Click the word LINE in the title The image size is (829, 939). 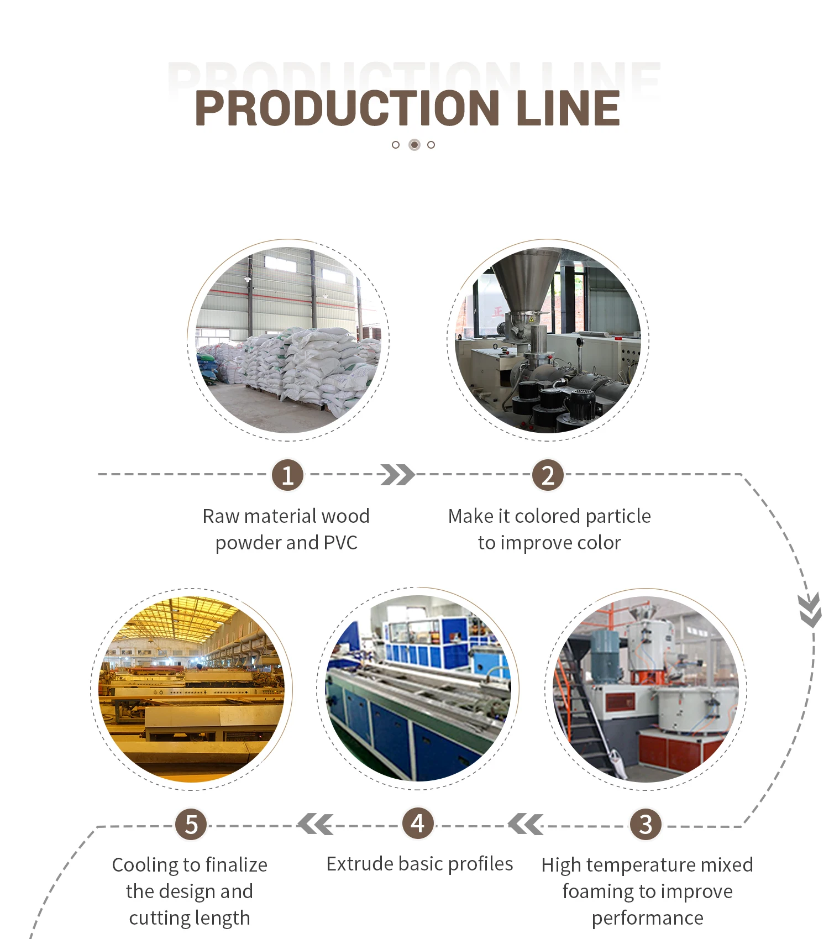(x=568, y=108)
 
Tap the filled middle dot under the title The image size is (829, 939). (x=414, y=145)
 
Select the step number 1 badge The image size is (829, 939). (x=287, y=475)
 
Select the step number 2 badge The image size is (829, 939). (x=547, y=475)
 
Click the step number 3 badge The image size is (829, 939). (x=646, y=825)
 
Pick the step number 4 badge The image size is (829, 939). (x=418, y=823)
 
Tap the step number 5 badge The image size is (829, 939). (x=191, y=825)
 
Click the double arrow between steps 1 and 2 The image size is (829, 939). (x=397, y=475)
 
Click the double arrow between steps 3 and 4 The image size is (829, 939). (x=526, y=825)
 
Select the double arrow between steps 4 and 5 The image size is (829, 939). (x=315, y=824)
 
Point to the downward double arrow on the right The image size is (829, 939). (x=810, y=610)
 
